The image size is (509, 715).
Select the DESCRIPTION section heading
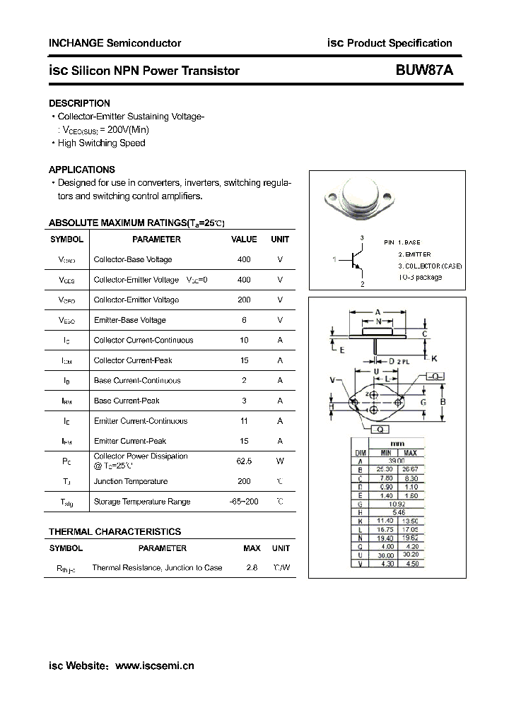[79, 103]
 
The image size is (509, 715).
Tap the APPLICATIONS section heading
[81, 170]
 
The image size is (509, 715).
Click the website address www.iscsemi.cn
[154, 666]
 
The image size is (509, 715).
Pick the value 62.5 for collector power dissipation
[244, 461]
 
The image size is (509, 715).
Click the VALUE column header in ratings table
[244, 240]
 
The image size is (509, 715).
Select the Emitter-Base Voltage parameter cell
[129, 320]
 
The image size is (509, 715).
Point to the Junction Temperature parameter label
[130, 481]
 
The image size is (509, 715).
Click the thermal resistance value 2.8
[252, 567]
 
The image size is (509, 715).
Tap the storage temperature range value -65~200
[244, 502]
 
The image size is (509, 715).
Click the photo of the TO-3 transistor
[365, 201]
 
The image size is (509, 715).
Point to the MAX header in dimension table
[410, 452]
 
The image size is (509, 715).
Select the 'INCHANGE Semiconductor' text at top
[115, 43]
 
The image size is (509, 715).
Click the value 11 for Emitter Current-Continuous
[244, 420]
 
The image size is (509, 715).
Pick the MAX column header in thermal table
[252, 548]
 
